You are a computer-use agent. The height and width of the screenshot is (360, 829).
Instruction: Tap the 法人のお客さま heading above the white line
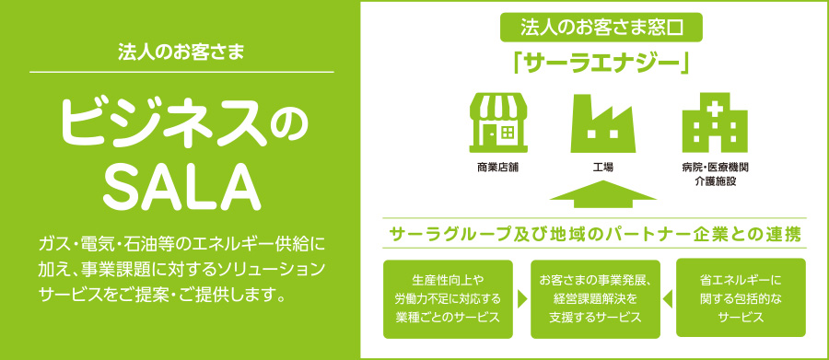click(181, 52)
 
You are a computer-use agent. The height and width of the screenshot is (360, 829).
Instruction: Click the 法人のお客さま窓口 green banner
click(601, 28)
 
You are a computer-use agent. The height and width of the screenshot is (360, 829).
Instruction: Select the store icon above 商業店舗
click(498, 122)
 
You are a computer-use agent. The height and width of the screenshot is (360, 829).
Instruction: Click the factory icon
click(602, 123)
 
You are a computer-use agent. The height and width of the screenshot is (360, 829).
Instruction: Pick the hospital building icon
click(715, 122)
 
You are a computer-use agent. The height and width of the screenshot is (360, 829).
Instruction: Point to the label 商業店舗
click(498, 168)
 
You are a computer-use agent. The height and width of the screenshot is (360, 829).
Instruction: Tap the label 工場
click(602, 168)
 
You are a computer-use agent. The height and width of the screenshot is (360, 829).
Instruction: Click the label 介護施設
click(715, 182)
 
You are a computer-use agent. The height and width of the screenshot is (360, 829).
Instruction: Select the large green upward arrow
click(602, 193)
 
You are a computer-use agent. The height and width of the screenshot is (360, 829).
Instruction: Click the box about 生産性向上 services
click(448, 298)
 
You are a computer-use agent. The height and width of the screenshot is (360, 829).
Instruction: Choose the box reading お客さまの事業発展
click(595, 298)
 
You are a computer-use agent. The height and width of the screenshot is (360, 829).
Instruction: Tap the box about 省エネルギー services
click(741, 297)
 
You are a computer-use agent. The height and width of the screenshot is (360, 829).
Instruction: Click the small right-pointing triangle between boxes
click(522, 299)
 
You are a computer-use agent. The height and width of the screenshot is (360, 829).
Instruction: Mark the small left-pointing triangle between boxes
click(668, 299)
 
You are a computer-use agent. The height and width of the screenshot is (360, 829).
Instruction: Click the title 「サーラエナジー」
click(601, 64)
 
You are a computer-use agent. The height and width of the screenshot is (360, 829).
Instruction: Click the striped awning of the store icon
click(498, 105)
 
